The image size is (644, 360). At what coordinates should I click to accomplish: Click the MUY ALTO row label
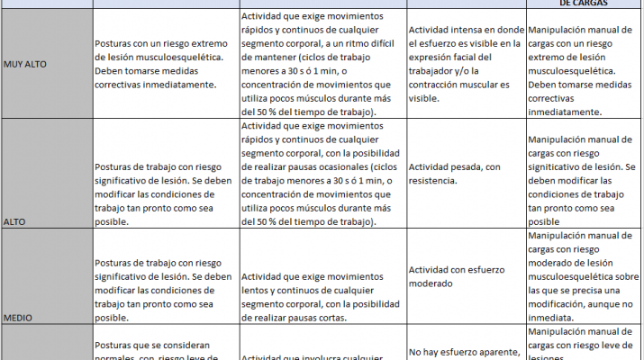click(25, 64)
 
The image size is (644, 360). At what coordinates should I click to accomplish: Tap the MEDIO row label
click(21, 317)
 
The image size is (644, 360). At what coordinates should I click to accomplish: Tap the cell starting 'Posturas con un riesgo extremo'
click(166, 64)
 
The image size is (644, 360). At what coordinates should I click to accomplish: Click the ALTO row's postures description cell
click(166, 174)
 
